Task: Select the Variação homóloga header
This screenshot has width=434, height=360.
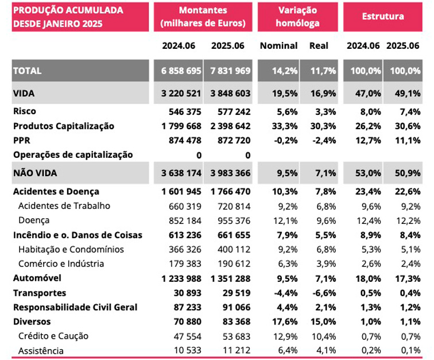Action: coord(298,17)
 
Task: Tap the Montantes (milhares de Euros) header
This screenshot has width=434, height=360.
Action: coord(203,17)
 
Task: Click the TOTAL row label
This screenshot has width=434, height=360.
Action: coord(27,71)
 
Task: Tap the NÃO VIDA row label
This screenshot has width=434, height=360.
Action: coord(35,173)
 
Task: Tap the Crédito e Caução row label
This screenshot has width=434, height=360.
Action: coord(53,336)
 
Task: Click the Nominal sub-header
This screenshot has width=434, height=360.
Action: coord(278,45)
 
